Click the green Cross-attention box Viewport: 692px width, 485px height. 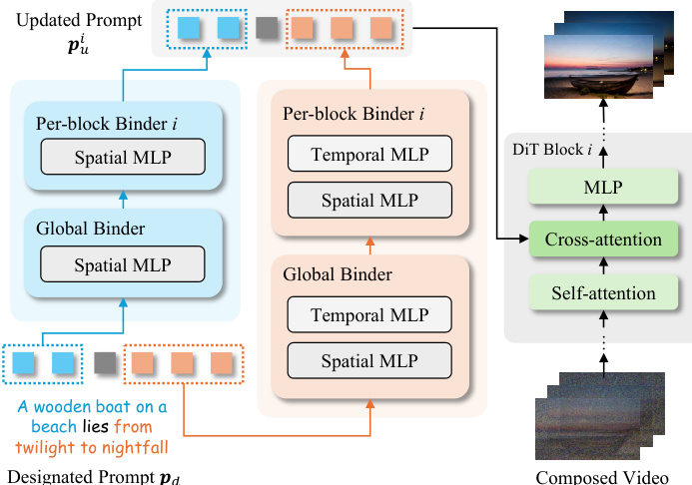[603, 240]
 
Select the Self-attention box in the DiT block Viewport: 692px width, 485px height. [603, 293]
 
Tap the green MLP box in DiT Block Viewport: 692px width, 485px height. [603, 187]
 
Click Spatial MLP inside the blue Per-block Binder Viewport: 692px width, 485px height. [122, 157]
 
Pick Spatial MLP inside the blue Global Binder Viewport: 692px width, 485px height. [122, 265]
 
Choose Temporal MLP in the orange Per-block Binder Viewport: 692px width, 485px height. [369, 155]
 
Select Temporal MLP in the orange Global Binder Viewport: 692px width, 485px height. [369, 316]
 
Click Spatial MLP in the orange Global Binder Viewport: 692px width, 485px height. [369, 360]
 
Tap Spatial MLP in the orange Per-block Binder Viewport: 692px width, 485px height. [369, 201]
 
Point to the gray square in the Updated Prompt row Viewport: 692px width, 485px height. [266, 29]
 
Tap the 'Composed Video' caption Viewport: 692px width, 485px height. [601, 476]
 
